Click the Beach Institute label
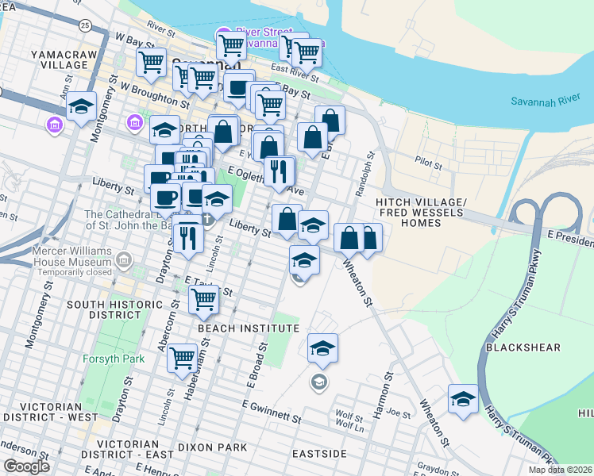pos(248,328)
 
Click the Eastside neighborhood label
pos(318,453)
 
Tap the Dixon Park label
pos(212,447)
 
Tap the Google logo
pos(26,466)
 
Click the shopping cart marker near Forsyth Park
pos(183,359)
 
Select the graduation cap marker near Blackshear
pos(463,398)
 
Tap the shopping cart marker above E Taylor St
pos(204,299)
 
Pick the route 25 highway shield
pos(84,25)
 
